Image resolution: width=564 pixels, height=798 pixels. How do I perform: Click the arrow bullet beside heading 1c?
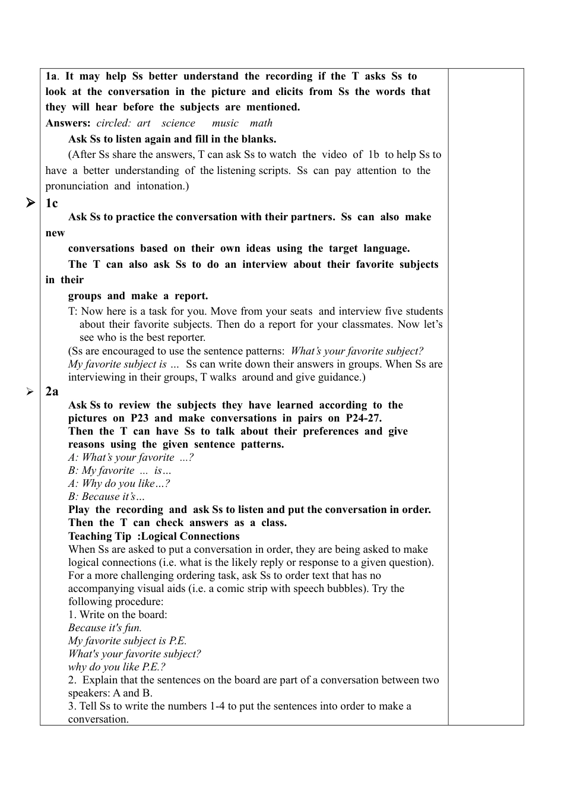tap(30, 204)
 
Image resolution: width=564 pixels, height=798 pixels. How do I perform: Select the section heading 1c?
tap(52, 204)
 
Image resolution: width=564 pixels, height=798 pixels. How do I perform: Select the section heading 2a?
tap(52, 391)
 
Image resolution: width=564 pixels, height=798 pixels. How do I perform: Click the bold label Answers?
tap(68, 123)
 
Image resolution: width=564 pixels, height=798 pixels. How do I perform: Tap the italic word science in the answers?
tap(178, 123)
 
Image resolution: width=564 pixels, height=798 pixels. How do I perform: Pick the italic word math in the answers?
tap(261, 123)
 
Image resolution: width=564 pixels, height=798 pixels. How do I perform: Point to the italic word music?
tap(225, 123)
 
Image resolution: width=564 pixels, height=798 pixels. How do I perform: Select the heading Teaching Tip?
tap(100, 536)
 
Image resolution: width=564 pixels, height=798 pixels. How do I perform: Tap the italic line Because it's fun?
tap(104, 628)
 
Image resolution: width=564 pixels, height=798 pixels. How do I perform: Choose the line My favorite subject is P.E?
tap(127, 641)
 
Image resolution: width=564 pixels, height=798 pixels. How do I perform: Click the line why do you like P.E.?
tap(116, 667)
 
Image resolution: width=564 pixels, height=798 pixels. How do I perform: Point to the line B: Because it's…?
tap(106, 497)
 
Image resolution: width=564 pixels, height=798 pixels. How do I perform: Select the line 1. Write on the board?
tap(118, 615)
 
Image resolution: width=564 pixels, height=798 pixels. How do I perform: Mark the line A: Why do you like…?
tap(119, 484)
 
